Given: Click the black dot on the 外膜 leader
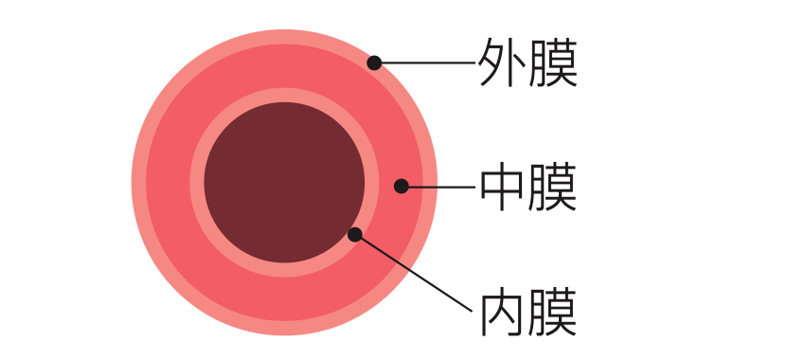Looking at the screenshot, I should click(x=374, y=63).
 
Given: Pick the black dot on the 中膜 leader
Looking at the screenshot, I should click(x=401, y=186).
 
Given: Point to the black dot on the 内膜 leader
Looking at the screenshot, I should click(x=355, y=234).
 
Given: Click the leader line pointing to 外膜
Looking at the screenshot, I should click(x=426, y=63).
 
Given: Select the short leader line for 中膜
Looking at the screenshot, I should click(x=440, y=187).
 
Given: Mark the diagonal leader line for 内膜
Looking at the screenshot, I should click(x=414, y=273).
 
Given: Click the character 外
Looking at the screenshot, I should click(x=503, y=63).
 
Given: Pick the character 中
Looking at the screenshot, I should click(x=503, y=187).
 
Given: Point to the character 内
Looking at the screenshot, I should click(x=503, y=312).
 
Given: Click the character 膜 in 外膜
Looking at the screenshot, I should click(x=553, y=63).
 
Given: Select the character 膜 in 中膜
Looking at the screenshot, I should click(x=553, y=187).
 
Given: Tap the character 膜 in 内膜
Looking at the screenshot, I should click(x=553, y=312).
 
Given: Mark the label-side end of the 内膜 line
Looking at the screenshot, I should click(x=470, y=309).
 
